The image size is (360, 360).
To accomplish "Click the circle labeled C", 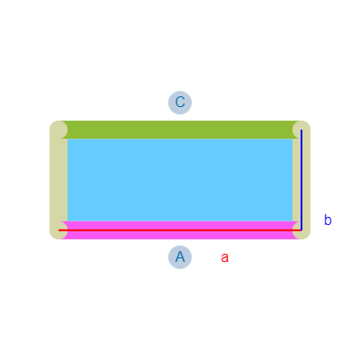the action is (180, 103).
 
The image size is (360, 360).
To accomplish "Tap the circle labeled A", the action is (180, 257).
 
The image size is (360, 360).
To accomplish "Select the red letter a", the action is (225, 257).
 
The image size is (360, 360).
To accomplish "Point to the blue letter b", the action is (328, 220).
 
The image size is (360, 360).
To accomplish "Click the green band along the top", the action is (180, 130).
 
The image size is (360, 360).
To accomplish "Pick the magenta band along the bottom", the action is (180, 235).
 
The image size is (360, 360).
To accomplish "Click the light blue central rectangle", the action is (180, 180).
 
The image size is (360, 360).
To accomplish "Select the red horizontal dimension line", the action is (180, 230).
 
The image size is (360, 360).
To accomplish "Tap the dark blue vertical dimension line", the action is (301, 180).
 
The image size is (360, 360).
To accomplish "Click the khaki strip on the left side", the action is (58, 180).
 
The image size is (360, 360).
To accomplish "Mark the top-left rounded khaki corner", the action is (58, 130).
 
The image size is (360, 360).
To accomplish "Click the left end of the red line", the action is (58, 230).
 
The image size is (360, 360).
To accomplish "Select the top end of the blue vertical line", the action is (301, 130).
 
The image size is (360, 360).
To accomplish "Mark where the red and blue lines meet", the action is (301, 230).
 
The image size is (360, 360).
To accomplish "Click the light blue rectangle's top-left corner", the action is (67, 139).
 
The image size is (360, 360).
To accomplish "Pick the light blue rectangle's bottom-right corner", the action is (292, 221).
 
